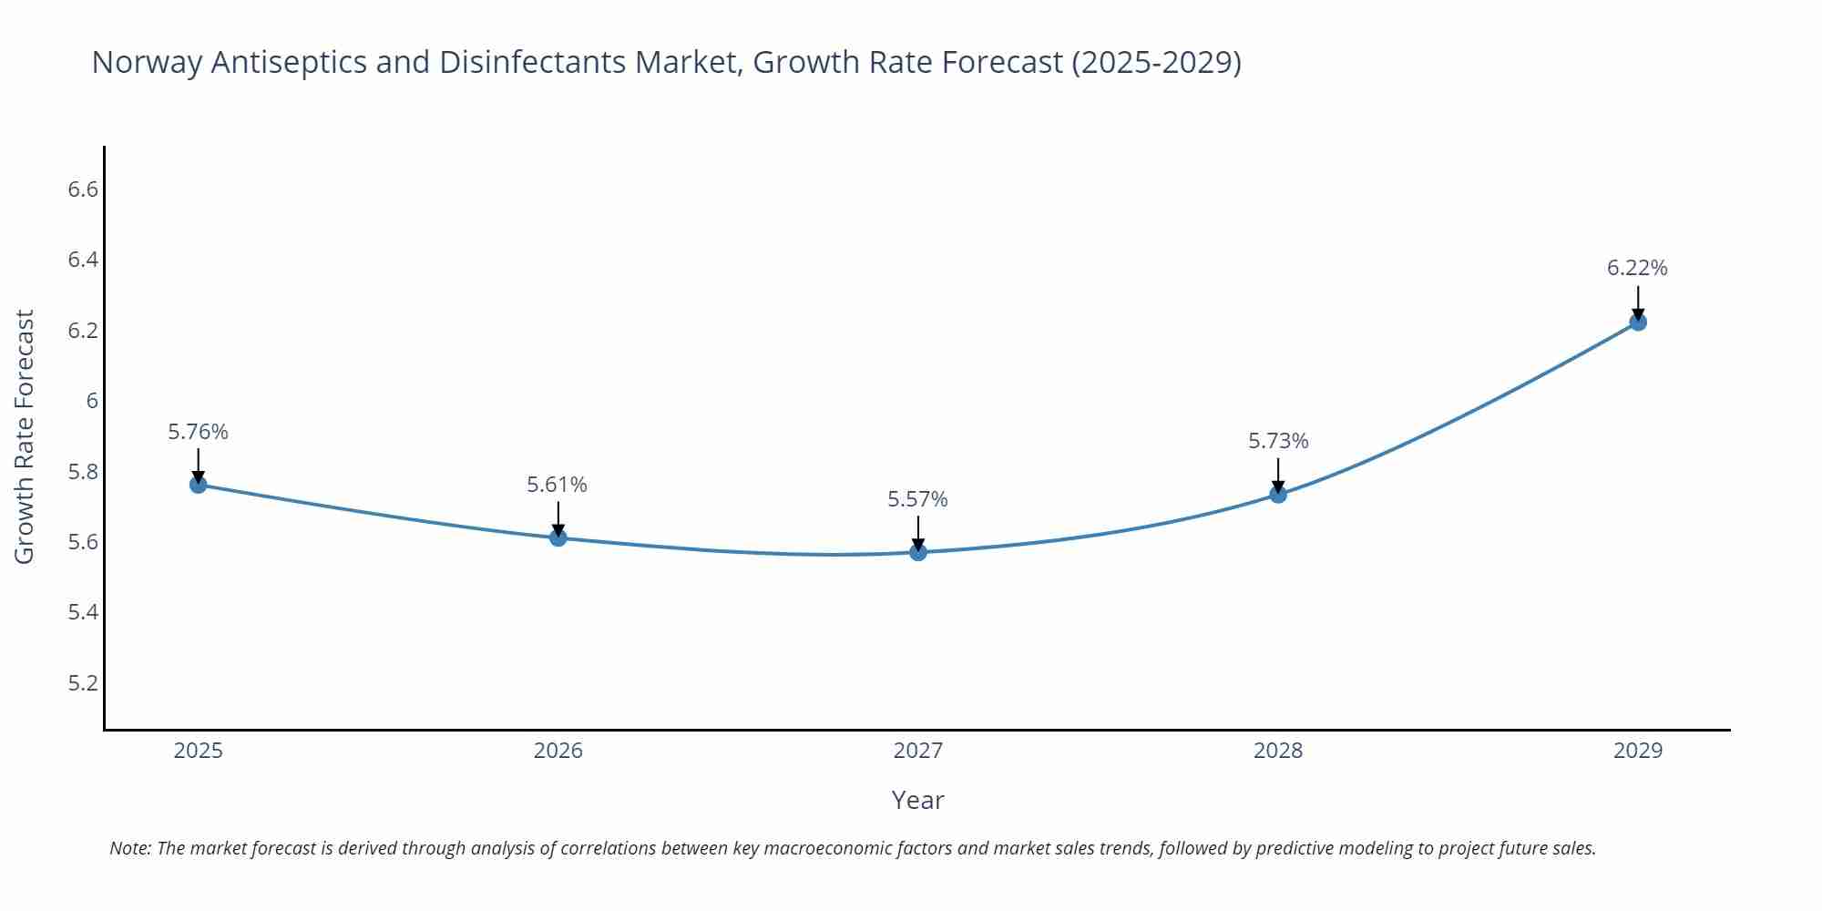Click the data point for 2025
click(x=198, y=485)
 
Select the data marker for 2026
click(x=558, y=537)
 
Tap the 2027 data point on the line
click(x=917, y=552)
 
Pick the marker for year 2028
click(x=1278, y=495)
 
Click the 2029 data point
click(x=1638, y=322)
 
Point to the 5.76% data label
click(x=198, y=432)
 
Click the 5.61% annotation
click(x=557, y=485)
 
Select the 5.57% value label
click(x=917, y=499)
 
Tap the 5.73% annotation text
click(x=1278, y=441)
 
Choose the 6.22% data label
click(x=1637, y=268)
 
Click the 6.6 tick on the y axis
click(x=83, y=189)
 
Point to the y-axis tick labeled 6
click(x=92, y=401)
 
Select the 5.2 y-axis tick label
click(x=83, y=683)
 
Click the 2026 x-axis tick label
click(x=558, y=751)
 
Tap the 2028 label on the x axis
click(x=1278, y=751)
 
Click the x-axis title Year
click(x=917, y=800)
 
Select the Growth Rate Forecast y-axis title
click(x=25, y=436)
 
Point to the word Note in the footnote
click(x=129, y=848)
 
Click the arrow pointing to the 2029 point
click(x=1638, y=302)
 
